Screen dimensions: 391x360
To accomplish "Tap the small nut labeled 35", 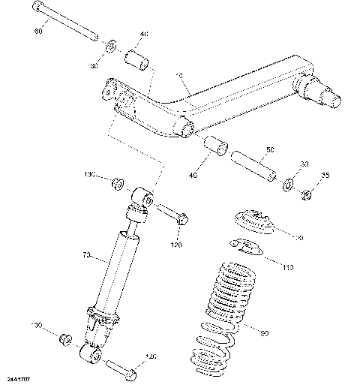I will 306,195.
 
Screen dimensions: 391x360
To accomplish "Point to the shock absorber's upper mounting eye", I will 142,197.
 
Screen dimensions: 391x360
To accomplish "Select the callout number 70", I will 85,257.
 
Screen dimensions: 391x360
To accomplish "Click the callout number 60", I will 39,33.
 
